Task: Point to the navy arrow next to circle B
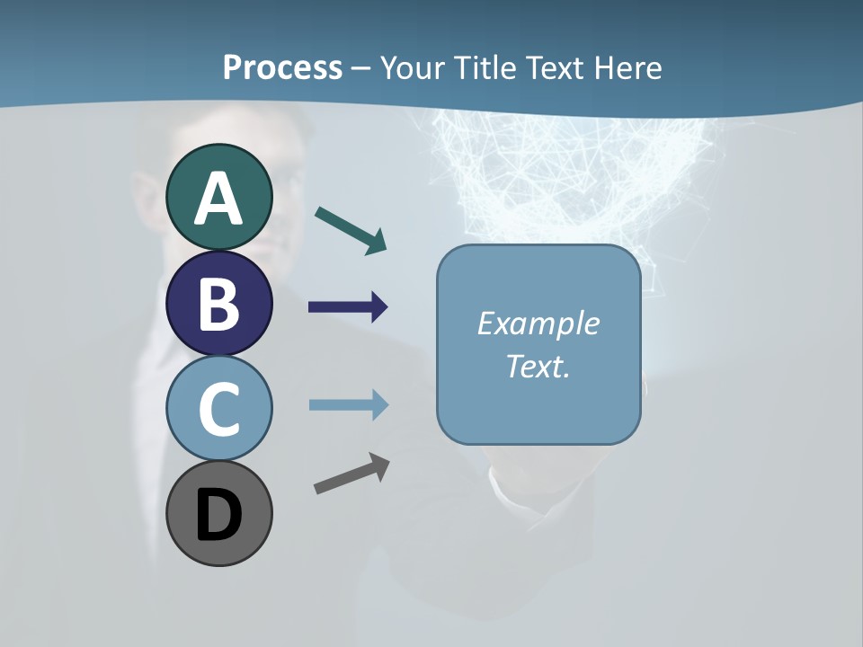click(x=348, y=307)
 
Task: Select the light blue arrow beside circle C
click(x=349, y=404)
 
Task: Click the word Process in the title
click(x=282, y=68)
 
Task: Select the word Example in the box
click(x=538, y=323)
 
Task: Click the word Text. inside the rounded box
click(x=538, y=367)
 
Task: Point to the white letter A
click(x=218, y=199)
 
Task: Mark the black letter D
click(x=218, y=517)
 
